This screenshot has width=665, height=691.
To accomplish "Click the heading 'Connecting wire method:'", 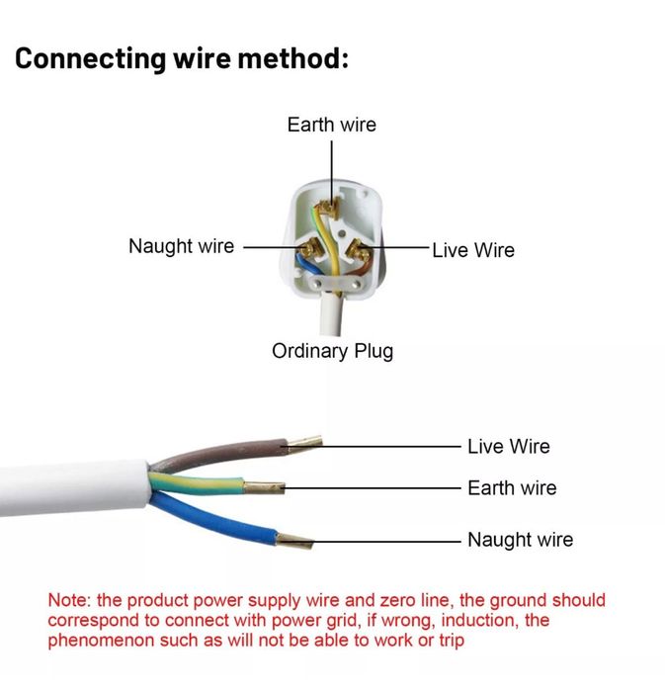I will click(x=182, y=57).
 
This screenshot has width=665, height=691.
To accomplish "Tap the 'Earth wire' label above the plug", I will click(x=331, y=125).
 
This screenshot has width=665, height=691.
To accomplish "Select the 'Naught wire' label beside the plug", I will click(x=181, y=245).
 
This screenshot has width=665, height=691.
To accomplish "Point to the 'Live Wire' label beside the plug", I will click(x=473, y=250).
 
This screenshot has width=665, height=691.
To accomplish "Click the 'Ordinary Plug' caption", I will click(x=332, y=351).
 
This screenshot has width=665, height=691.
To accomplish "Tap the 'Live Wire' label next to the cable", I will click(x=508, y=447).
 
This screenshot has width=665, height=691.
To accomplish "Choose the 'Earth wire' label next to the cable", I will click(x=512, y=487).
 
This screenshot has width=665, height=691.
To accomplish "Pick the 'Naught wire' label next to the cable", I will click(x=520, y=540).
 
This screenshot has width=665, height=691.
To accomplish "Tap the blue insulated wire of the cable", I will click(x=217, y=514).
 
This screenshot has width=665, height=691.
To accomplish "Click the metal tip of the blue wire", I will click(x=294, y=540).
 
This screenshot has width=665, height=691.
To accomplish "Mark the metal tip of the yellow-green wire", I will click(x=265, y=486).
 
